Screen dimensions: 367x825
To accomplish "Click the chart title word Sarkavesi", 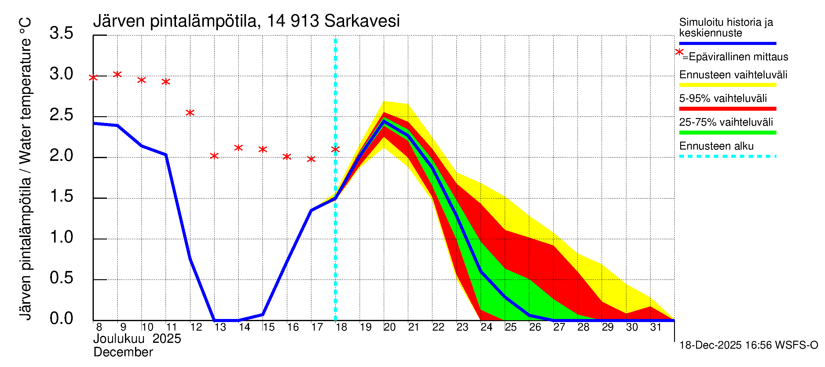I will pyautogui.click(x=361, y=21).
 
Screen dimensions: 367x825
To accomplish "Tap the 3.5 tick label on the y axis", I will pyautogui.click(x=61, y=33).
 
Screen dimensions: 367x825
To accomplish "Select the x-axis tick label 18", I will pyautogui.click(x=341, y=327).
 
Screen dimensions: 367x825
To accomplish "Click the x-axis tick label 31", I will pyautogui.click(x=656, y=327).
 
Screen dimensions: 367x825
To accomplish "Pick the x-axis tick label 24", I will pyautogui.click(x=486, y=327).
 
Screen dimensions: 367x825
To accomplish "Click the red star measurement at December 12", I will pyautogui.click(x=190, y=113).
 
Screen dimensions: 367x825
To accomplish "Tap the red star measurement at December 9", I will pyautogui.click(x=118, y=74).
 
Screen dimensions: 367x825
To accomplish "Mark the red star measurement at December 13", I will pyautogui.click(x=214, y=156).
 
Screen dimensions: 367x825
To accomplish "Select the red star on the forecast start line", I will pyautogui.click(x=335, y=149).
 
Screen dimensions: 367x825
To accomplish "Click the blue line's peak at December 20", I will pyautogui.click(x=384, y=121).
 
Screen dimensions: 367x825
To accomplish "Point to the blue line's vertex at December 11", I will pyautogui.click(x=166, y=155).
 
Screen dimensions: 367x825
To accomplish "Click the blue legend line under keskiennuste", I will pyautogui.click(x=728, y=43).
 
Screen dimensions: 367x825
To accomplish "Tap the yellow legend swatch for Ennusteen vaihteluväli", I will pyautogui.click(x=728, y=85).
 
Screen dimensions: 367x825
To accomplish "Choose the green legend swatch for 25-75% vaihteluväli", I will pyautogui.click(x=728, y=132).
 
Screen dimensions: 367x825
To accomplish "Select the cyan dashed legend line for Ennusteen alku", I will pyautogui.click(x=728, y=156).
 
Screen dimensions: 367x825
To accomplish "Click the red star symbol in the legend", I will pyautogui.click(x=679, y=52).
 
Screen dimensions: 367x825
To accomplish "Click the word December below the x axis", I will pyautogui.click(x=123, y=352).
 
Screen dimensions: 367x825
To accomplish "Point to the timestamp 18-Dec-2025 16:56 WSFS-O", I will pyautogui.click(x=748, y=345).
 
